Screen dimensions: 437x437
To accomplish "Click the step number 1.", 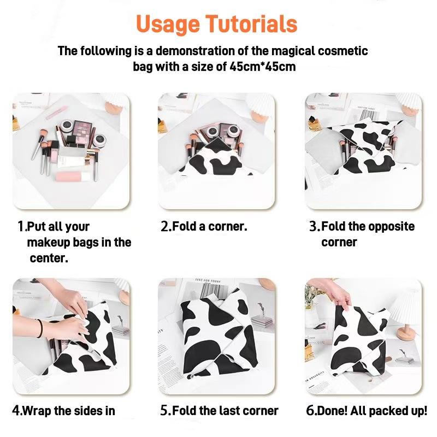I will click(x=21, y=227).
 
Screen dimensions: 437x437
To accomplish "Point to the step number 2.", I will click(x=166, y=227).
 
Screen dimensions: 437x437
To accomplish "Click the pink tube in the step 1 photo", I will click(x=72, y=178).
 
